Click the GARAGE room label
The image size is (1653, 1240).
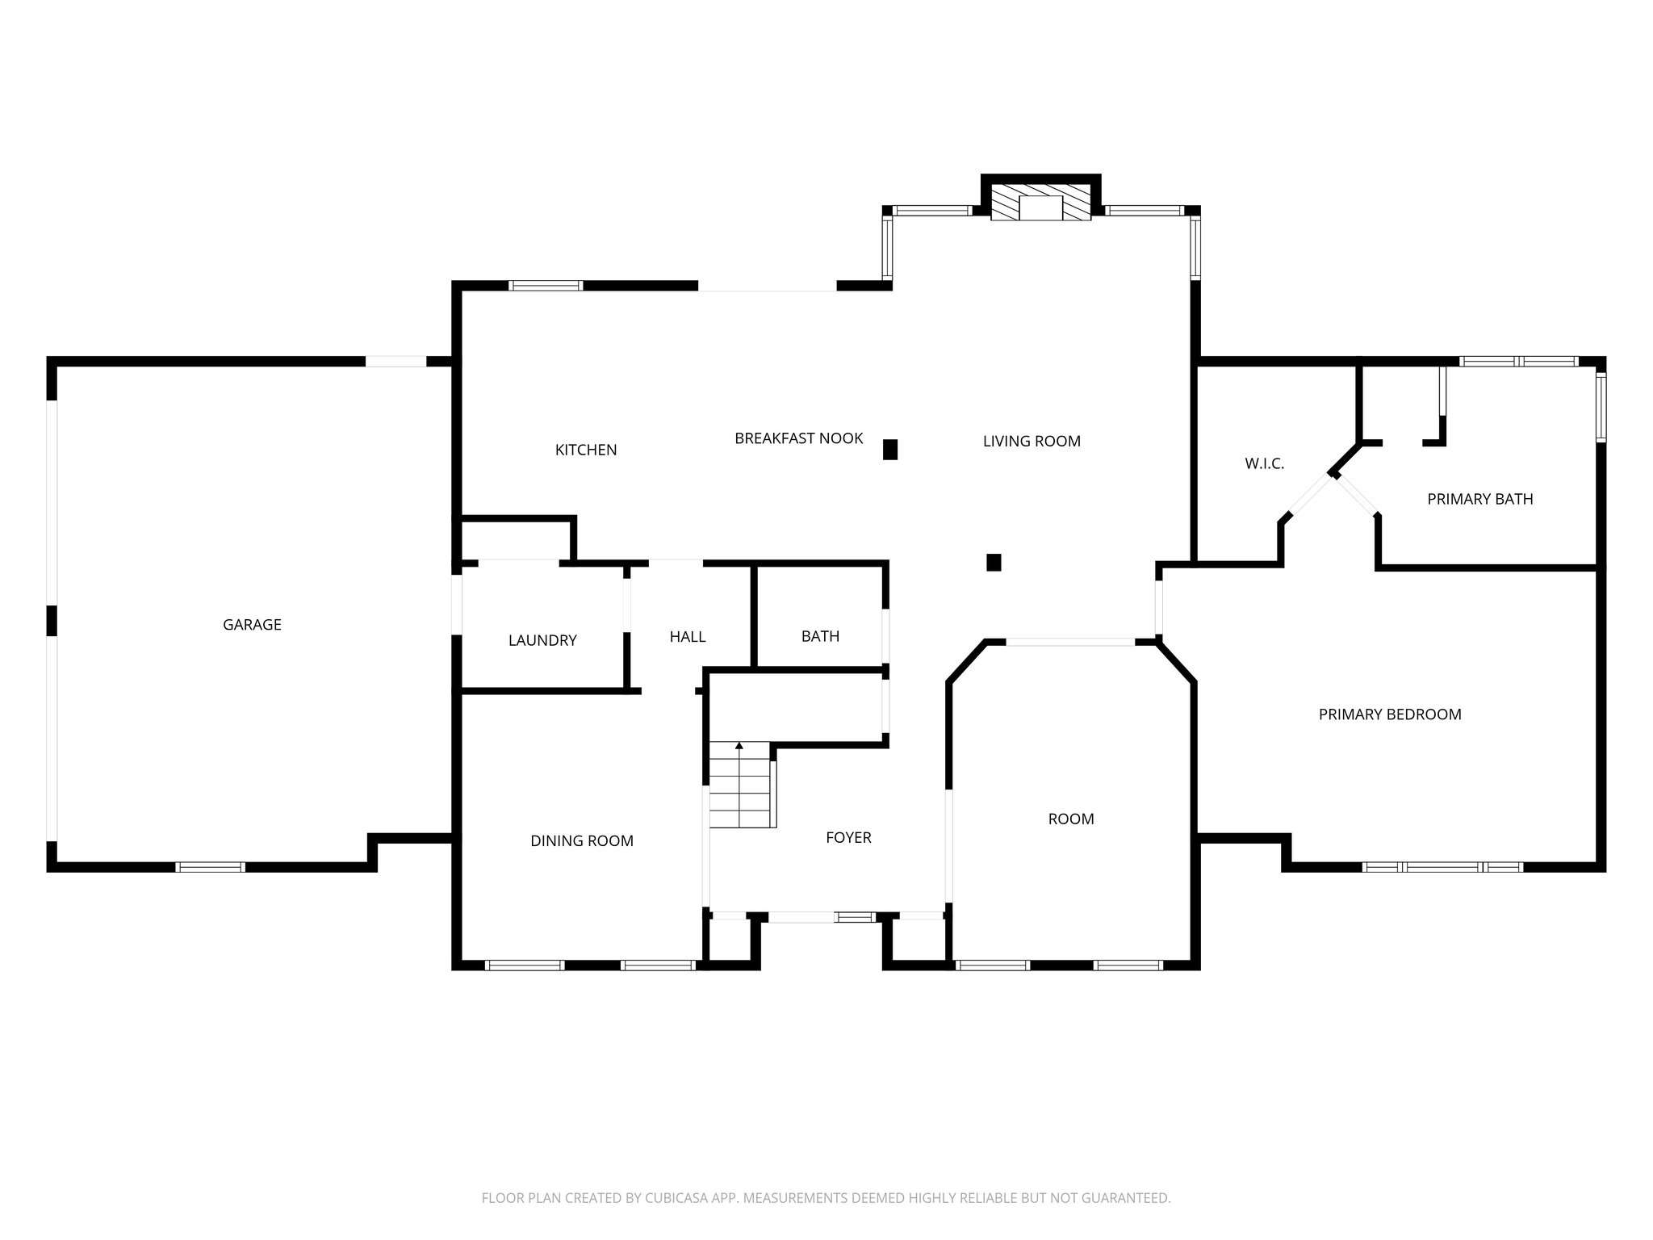click(252, 624)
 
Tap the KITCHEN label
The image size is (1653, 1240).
click(586, 450)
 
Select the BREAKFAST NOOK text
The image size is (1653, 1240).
click(798, 438)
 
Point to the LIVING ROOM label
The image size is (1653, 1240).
click(1032, 441)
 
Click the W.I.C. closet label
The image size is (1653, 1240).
click(1264, 463)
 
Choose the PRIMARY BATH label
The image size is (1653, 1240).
click(1479, 499)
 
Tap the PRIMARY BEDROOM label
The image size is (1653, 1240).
click(1390, 714)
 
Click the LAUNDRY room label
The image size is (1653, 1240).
click(542, 640)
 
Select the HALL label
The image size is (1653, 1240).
click(688, 636)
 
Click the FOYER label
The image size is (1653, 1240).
click(848, 837)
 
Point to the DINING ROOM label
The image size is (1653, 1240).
click(581, 840)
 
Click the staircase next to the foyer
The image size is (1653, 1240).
click(740, 787)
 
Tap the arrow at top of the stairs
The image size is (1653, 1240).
click(739, 746)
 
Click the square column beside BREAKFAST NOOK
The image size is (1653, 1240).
click(890, 449)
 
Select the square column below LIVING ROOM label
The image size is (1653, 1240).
click(994, 562)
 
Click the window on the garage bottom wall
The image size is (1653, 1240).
click(210, 867)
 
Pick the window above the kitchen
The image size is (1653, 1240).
click(546, 285)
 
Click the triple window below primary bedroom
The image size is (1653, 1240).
click(1442, 867)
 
